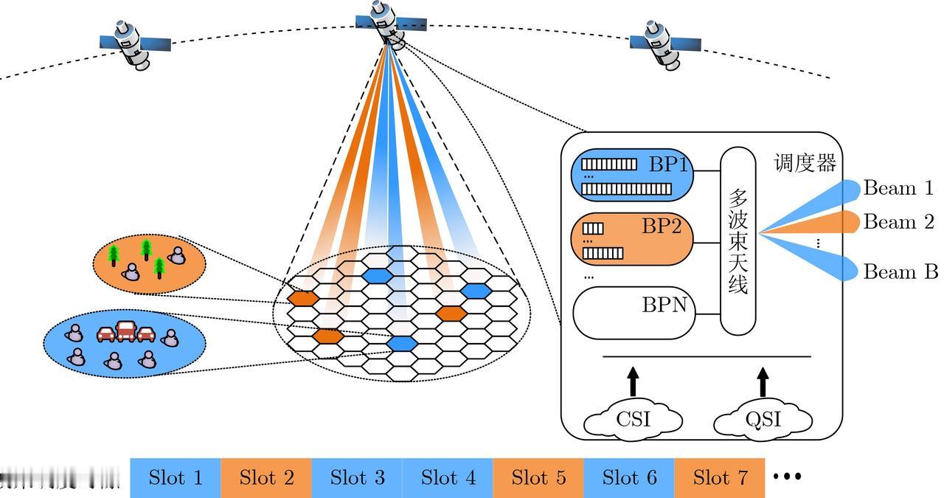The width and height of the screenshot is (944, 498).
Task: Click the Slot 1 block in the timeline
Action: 176,477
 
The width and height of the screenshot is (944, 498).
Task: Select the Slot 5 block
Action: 538,477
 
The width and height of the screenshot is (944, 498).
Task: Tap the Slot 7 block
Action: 720,477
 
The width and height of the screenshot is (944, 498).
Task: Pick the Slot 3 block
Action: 357,477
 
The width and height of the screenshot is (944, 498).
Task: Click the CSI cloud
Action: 633,420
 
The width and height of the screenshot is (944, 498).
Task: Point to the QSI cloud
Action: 763,420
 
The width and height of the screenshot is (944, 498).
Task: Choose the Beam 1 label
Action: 898,188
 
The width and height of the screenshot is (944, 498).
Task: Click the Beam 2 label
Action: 898,222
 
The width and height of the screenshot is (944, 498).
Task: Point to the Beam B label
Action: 900,272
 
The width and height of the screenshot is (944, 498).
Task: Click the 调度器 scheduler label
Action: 805,163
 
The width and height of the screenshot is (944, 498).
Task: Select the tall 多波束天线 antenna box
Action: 738,241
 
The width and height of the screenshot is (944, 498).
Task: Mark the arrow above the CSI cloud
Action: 633,382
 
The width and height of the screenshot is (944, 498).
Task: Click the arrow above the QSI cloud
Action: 763,382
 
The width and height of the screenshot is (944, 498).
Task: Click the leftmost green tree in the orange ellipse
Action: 114,255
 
